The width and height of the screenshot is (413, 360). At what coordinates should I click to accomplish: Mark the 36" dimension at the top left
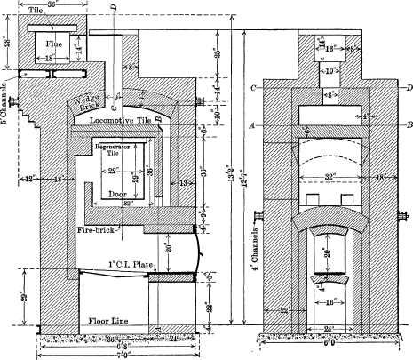(55, 5)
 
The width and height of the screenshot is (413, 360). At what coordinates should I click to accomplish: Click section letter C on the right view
(254, 88)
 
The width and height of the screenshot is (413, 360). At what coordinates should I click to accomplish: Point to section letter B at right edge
(408, 125)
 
